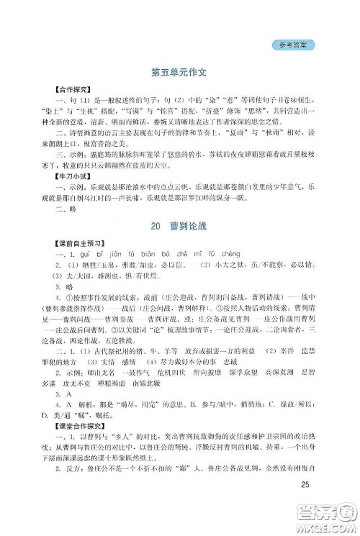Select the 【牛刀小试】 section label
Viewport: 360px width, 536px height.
[x=63, y=175]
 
